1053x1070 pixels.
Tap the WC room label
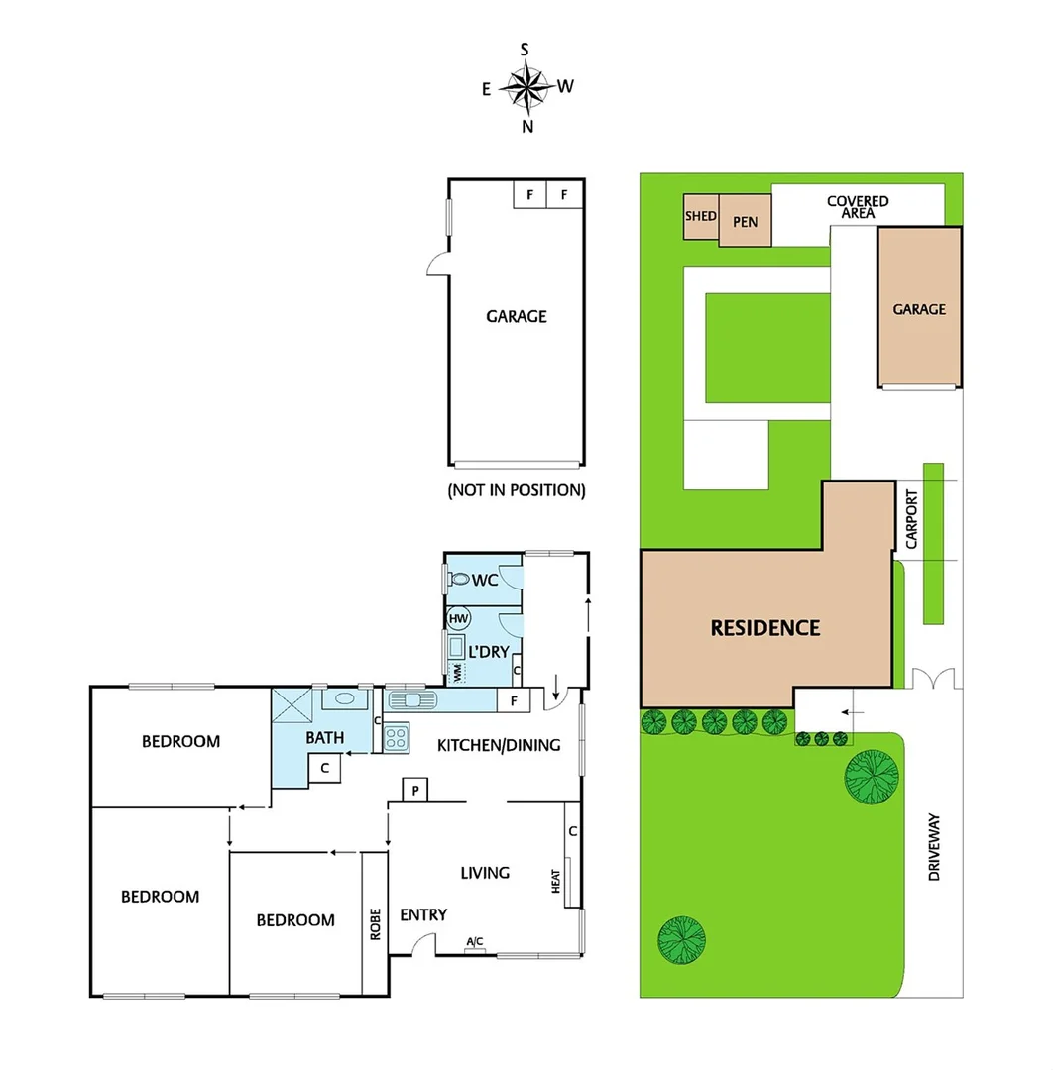[485, 579]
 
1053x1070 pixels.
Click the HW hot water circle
[458, 619]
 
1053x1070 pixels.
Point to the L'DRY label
[488, 652]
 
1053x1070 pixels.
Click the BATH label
[324, 737]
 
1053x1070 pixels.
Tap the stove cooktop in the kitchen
[397, 736]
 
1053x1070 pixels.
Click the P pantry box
[414, 789]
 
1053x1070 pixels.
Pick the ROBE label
[375, 924]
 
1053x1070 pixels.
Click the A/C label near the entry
[475, 942]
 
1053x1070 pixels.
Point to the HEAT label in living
[555, 881]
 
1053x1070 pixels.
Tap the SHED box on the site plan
[700, 216]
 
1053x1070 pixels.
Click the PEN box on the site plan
[745, 222]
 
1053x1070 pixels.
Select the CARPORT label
[912, 519]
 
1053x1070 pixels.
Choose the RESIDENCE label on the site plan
[764, 628]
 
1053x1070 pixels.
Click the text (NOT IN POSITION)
[517, 490]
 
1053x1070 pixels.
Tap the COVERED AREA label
[858, 206]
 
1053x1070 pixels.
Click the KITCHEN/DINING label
[499, 745]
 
